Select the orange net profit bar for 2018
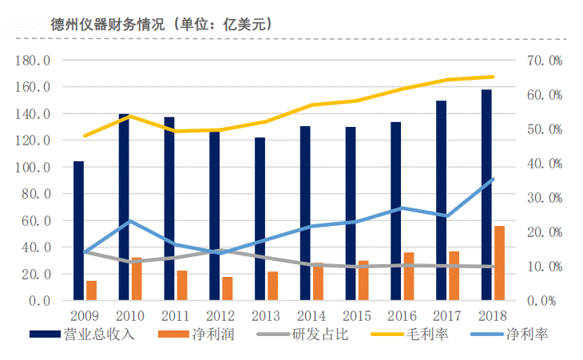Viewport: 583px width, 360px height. [x=499, y=263]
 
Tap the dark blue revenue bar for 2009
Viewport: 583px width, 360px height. [x=78, y=231]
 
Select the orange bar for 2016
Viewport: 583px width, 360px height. [x=408, y=276]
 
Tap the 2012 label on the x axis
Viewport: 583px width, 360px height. [x=222, y=315]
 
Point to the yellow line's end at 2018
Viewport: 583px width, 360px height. [x=493, y=77]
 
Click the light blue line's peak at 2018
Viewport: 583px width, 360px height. [x=493, y=179]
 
